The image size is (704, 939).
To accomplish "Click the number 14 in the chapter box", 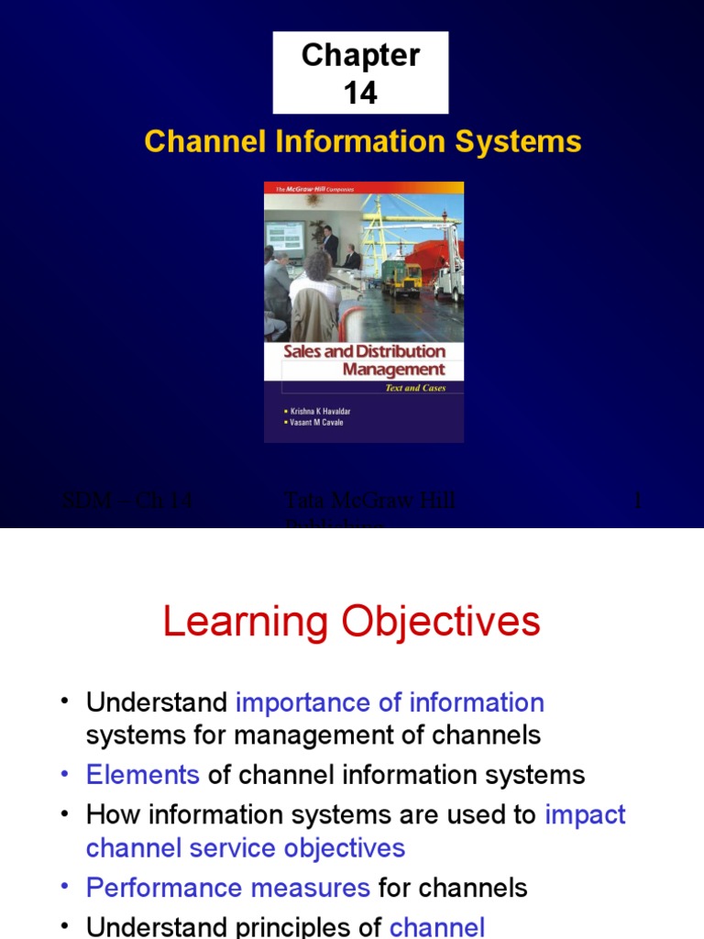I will point(360,93).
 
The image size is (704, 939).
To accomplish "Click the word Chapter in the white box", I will point(360,56).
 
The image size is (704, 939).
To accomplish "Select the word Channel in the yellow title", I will point(192,142).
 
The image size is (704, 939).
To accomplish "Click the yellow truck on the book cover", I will point(401,278).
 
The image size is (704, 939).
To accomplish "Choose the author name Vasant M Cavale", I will point(313,423).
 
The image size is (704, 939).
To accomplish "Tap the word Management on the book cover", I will point(393,370).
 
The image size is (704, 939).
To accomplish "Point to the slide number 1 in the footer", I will point(638,501).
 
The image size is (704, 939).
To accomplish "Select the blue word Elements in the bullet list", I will point(142,775).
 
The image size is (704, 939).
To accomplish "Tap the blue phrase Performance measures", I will point(227,887).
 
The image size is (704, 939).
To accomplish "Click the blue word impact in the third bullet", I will point(585,814).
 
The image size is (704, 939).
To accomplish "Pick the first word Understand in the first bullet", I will point(156,702).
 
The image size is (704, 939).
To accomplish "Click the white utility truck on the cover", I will point(448,282).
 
